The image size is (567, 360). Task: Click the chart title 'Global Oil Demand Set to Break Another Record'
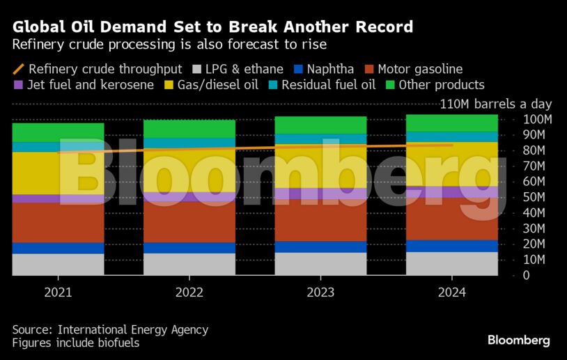point(212,27)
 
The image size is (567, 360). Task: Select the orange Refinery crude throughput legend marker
point(18,69)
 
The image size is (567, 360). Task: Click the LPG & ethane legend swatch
point(196,69)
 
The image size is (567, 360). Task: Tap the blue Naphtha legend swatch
point(299,69)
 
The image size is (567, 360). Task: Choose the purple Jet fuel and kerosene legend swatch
point(18,85)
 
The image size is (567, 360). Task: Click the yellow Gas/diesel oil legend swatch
point(169,85)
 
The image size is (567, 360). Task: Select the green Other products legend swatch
point(390,85)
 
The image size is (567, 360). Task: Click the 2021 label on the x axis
point(58,292)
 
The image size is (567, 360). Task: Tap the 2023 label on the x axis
point(320,292)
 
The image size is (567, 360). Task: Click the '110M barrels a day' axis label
point(496,104)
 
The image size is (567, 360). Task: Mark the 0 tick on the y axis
point(527,276)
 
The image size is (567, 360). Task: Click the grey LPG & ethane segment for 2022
point(189,265)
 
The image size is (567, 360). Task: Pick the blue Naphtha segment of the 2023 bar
point(320,246)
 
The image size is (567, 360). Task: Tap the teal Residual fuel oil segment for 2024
point(452,136)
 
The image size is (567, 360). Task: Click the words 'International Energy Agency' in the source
point(133,329)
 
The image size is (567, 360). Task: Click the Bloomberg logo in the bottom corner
point(518,341)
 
